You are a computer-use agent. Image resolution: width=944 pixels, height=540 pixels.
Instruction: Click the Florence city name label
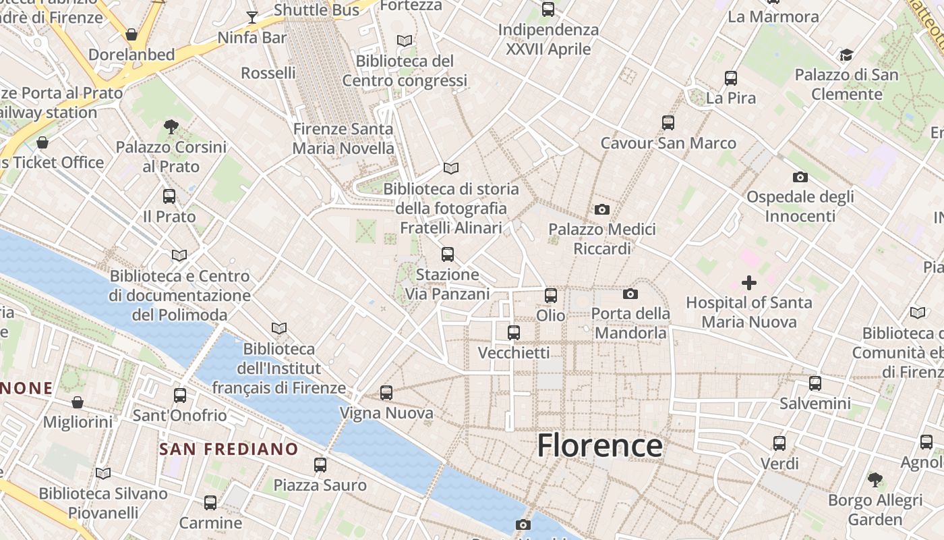click(x=599, y=446)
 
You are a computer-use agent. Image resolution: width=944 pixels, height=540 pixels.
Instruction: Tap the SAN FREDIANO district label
click(x=229, y=449)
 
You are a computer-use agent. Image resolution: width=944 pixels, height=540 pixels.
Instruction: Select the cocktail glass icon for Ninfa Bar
click(x=252, y=17)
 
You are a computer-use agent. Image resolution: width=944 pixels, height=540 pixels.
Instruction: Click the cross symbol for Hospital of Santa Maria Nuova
click(x=748, y=283)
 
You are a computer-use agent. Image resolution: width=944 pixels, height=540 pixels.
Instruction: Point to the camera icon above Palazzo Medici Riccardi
click(x=602, y=209)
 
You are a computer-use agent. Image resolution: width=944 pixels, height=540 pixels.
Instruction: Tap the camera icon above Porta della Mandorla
click(x=630, y=294)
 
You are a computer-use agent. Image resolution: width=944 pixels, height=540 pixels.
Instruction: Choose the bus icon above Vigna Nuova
click(x=386, y=392)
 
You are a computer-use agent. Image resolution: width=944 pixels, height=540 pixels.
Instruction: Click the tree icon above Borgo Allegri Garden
click(x=875, y=480)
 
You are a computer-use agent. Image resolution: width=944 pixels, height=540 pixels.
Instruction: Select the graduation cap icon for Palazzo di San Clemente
click(x=846, y=55)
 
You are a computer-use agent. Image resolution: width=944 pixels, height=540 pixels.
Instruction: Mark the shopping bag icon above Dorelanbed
click(x=131, y=34)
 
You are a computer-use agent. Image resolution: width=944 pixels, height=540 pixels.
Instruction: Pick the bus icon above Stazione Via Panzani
click(x=447, y=254)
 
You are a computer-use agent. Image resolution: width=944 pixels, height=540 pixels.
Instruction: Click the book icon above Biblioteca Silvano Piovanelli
click(x=103, y=473)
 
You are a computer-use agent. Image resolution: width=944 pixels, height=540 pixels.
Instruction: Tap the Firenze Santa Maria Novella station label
click(x=343, y=138)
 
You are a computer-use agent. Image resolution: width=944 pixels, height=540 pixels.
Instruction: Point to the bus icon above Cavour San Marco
click(x=668, y=123)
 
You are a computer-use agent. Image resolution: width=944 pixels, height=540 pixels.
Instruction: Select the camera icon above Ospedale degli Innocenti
click(x=800, y=177)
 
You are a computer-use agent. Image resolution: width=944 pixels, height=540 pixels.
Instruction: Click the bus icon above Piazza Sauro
click(x=320, y=464)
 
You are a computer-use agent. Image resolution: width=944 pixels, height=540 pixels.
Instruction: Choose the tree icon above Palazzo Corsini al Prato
click(x=171, y=126)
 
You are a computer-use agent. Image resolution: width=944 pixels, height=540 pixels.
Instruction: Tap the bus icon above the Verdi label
click(x=779, y=443)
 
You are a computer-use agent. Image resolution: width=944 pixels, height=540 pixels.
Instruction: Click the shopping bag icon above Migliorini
click(x=78, y=402)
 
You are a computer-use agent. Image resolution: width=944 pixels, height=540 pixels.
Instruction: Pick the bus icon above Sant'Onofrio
click(x=179, y=395)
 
